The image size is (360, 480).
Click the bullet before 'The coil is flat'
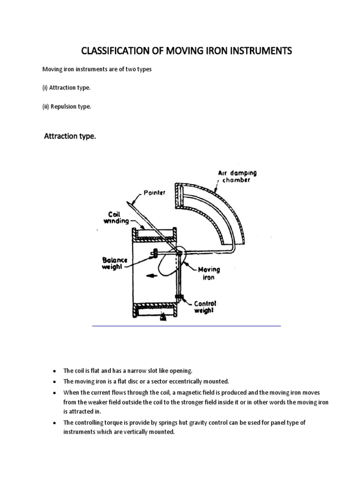click(x=55, y=371)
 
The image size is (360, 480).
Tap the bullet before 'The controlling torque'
click(x=55, y=423)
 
